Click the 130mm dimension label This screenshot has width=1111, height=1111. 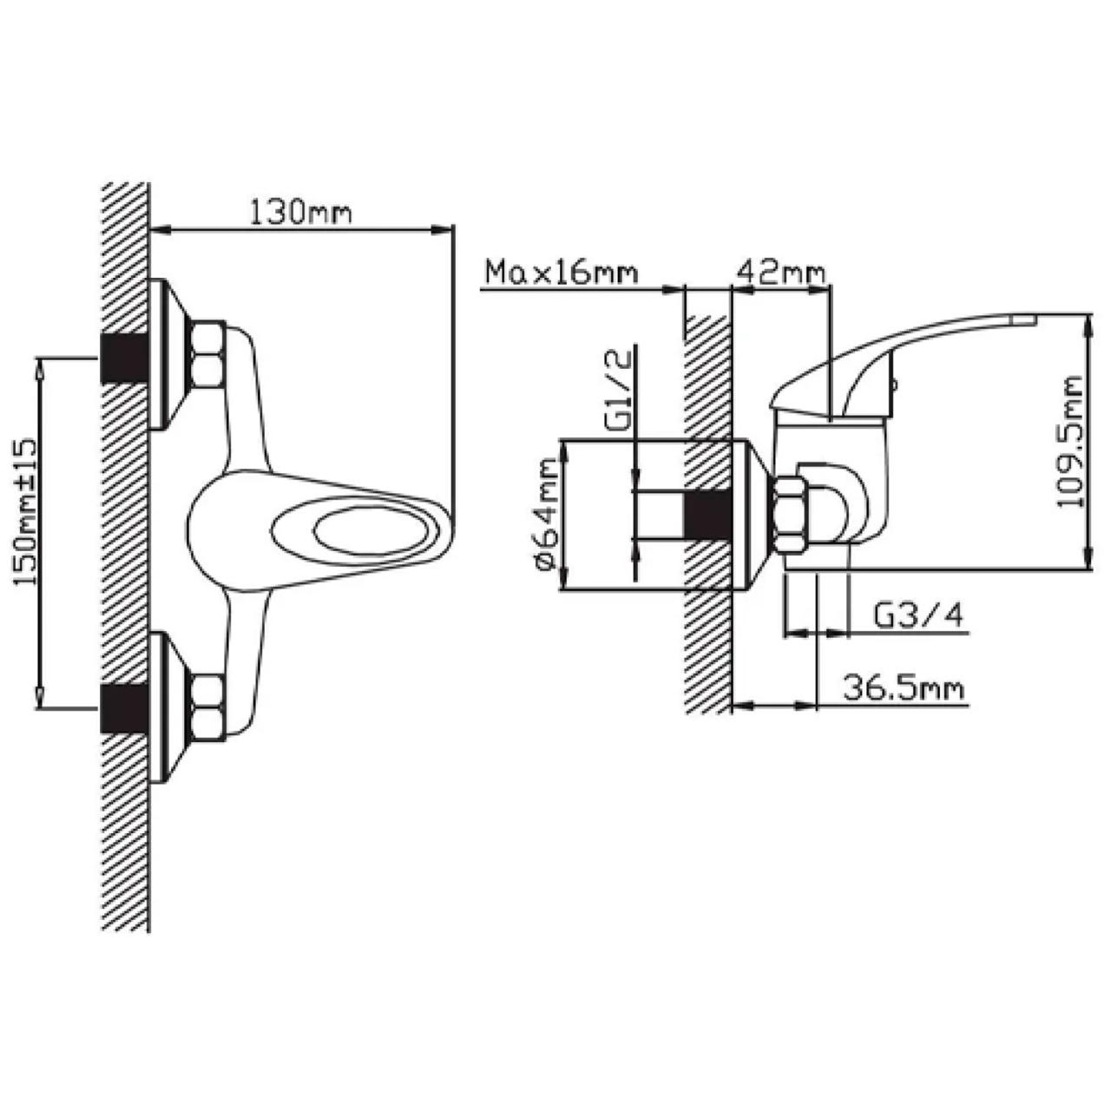pos(299,213)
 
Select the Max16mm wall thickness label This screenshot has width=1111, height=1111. pos(562,273)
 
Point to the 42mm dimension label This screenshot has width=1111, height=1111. pos(781,273)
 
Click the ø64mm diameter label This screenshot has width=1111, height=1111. pos(547,514)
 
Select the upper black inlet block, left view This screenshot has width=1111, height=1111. pos(124,358)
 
